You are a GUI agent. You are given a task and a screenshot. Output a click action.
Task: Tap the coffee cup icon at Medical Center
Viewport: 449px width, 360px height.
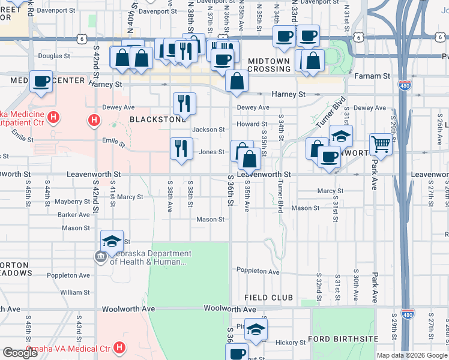(41, 81)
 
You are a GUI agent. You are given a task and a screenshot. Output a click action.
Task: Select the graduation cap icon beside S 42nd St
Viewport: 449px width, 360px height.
(112, 241)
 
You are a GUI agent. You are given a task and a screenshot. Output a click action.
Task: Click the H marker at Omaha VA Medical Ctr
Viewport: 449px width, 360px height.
(119, 347)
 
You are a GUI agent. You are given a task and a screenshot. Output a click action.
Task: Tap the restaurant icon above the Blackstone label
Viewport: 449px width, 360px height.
(184, 103)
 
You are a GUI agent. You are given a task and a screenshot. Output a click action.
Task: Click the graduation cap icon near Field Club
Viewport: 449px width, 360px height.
(256, 329)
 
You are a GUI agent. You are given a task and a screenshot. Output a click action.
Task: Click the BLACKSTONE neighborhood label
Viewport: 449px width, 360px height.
(157, 119)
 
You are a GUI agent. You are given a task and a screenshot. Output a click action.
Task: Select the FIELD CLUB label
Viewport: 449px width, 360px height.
(268, 298)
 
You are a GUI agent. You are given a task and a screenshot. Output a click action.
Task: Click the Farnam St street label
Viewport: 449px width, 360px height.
(372, 77)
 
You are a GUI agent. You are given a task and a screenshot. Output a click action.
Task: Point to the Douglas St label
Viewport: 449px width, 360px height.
(54, 56)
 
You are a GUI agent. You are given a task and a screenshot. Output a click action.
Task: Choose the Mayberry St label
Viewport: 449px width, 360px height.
(72, 202)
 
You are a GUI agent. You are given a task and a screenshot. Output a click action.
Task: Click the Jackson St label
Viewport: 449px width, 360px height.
(208, 130)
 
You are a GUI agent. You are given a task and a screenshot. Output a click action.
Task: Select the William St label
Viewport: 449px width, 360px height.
(74, 292)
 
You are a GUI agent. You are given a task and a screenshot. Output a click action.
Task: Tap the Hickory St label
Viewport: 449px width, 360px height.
(291, 343)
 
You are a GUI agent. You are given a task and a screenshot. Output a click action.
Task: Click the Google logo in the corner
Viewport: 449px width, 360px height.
(20, 353)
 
